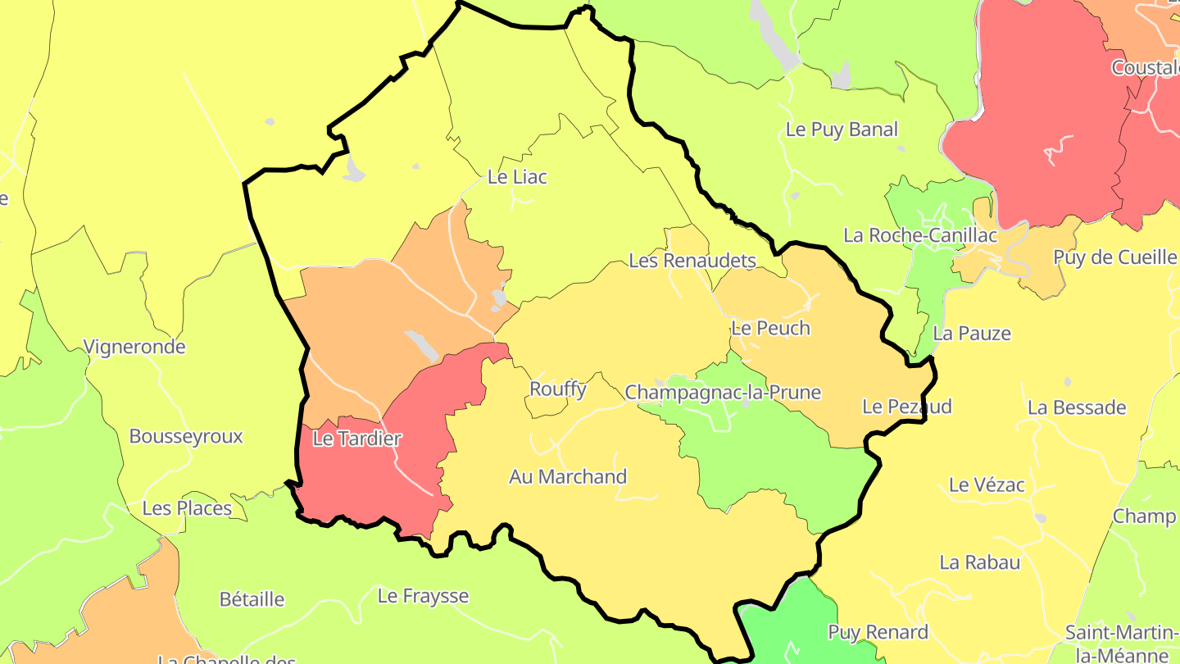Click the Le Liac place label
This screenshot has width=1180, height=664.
pyautogui.click(x=517, y=176)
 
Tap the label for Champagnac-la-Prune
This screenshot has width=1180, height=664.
pyautogui.click(x=723, y=392)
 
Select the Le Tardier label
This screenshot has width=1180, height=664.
pyautogui.click(x=357, y=439)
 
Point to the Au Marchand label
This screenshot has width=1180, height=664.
pyautogui.click(x=568, y=476)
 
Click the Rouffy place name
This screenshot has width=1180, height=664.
pyautogui.click(x=558, y=389)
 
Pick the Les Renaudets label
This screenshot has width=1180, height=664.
pyautogui.click(x=692, y=261)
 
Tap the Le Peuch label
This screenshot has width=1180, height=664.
pyautogui.click(x=770, y=328)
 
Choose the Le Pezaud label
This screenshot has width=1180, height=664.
pyautogui.click(x=907, y=407)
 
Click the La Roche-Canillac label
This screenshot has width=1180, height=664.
pyautogui.click(x=920, y=235)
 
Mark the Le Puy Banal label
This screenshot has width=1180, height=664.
pyautogui.click(x=842, y=130)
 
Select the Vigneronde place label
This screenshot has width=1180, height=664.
pyautogui.click(x=134, y=347)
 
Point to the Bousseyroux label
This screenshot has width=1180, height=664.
pyautogui.click(x=186, y=436)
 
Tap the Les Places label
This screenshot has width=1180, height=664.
pyautogui.click(x=187, y=508)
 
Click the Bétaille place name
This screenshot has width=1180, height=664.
pyautogui.click(x=252, y=599)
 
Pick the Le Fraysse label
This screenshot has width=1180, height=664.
pyautogui.click(x=423, y=596)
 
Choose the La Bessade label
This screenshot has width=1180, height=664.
pyautogui.click(x=1077, y=407)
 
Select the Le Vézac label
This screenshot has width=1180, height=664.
pyautogui.click(x=987, y=484)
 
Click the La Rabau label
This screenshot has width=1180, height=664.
pyautogui.click(x=980, y=562)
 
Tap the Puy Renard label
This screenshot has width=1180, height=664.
pyautogui.click(x=878, y=632)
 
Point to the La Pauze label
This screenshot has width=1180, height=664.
pyautogui.click(x=972, y=334)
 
